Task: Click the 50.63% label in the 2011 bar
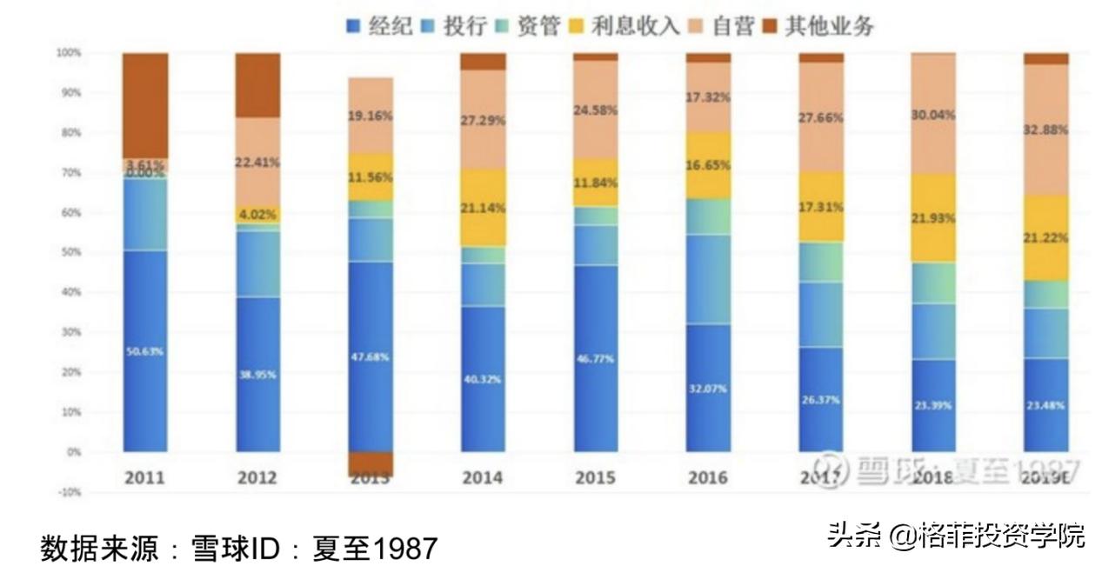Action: pos(144,351)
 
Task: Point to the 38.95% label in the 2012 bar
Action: pos(257,374)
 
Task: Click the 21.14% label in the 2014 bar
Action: pos(483,208)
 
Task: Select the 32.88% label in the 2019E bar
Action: pos(1045,130)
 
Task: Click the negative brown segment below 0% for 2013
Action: pos(370,463)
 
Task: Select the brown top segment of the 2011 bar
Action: pos(144,105)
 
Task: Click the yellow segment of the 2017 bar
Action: pos(820,207)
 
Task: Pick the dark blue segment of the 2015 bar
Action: pos(596,358)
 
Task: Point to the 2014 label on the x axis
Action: pos(483,478)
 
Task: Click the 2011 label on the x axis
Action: pos(144,478)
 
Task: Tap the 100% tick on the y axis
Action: pos(68,53)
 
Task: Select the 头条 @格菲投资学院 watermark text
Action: pos(956,536)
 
